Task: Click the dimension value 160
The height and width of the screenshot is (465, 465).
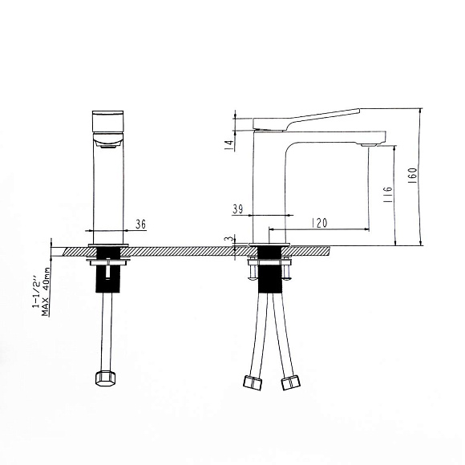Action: pos(413,176)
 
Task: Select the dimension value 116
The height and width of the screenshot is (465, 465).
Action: pos(387,195)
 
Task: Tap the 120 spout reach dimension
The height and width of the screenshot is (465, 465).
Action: pos(319,223)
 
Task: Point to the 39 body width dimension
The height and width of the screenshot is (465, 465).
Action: pos(238,209)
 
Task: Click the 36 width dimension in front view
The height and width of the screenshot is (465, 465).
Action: pos(141,224)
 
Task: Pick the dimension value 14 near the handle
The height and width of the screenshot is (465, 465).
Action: pos(229,145)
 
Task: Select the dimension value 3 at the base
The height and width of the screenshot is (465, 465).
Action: pos(229,240)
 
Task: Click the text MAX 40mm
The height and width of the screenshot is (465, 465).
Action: pos(46,292)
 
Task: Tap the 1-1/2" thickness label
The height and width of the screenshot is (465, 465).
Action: pos(35,293)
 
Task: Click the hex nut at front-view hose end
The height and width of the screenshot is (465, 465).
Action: pos(104,378)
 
